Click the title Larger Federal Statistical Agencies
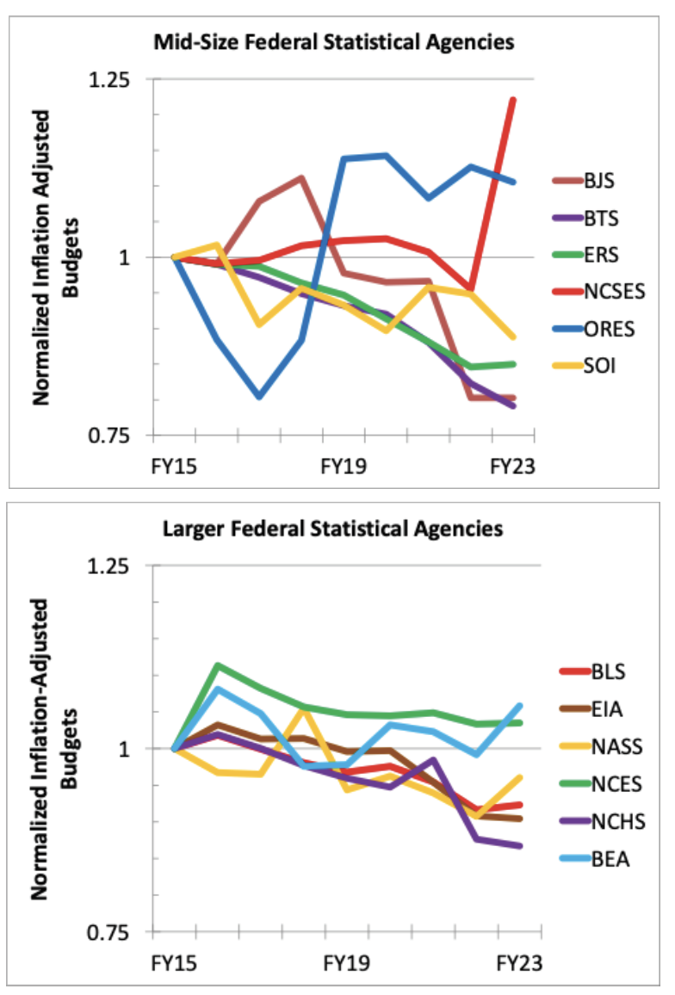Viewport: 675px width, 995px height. (x=332, y=528)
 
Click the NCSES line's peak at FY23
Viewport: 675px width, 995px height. (x=513, y=100)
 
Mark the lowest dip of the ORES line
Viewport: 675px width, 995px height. (x=258, y=397)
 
